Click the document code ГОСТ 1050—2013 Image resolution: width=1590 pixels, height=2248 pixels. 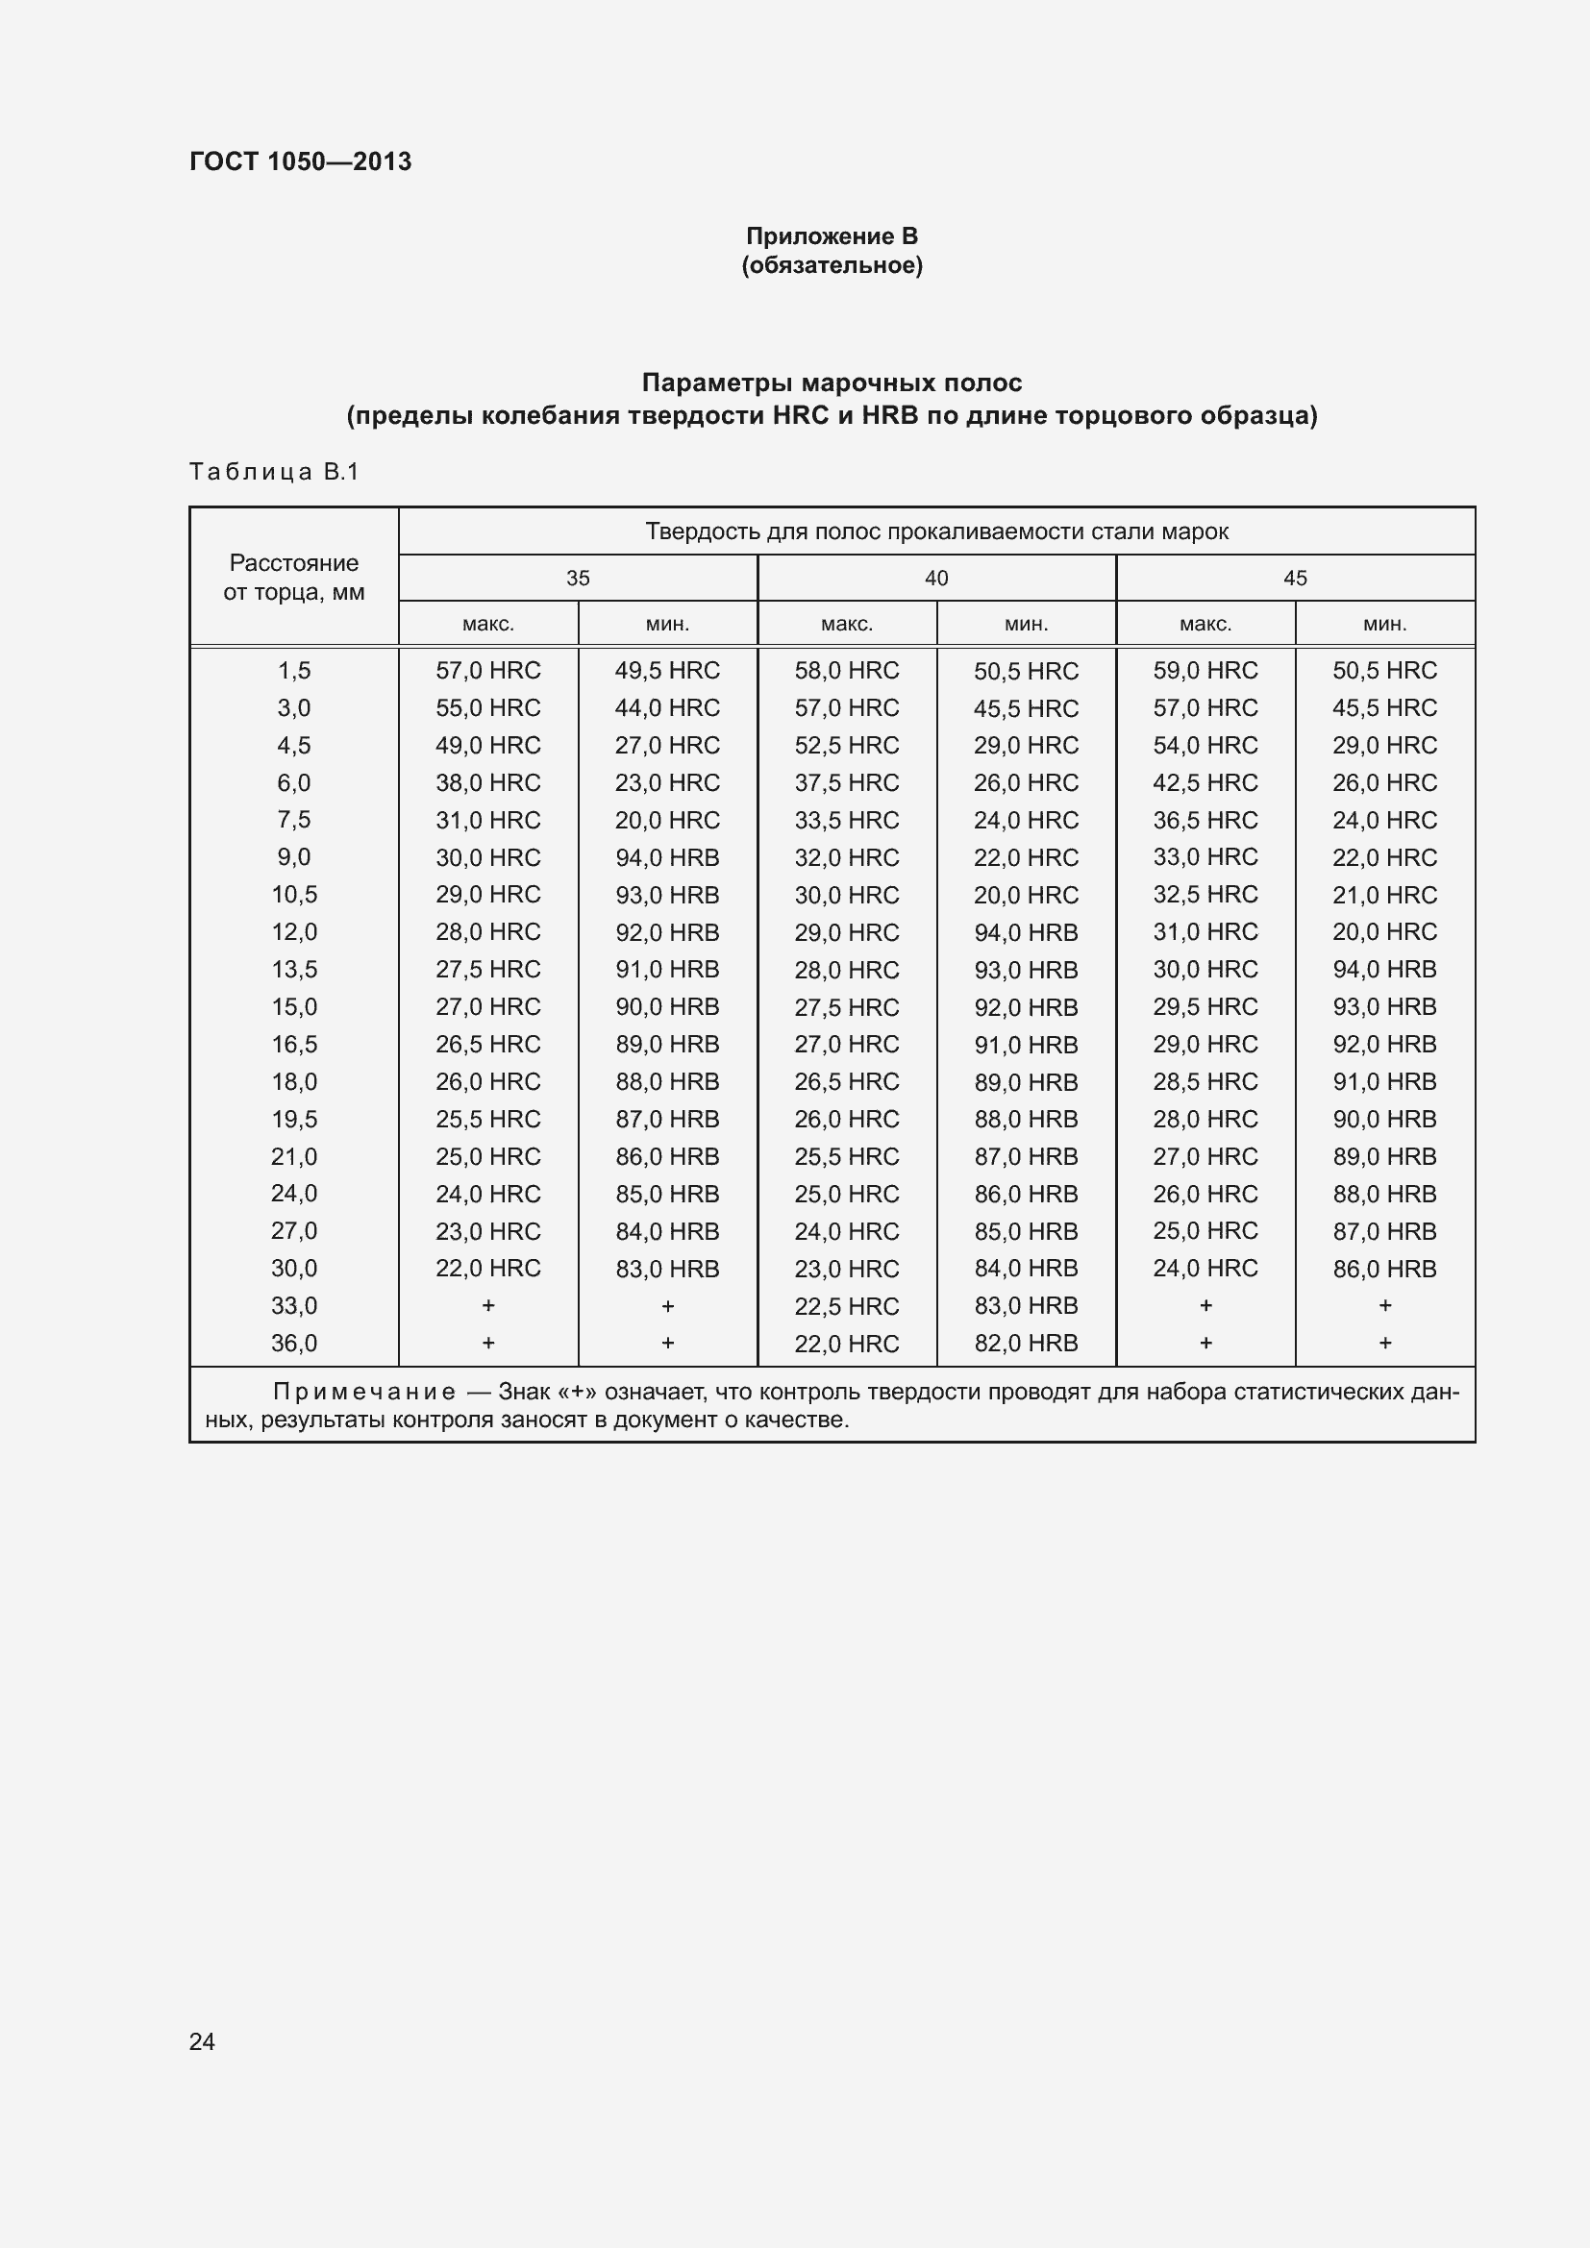coord(300,161)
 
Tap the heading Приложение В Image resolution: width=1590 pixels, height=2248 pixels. coord(832,236)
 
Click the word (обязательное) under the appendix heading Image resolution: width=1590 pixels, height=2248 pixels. coord(832,265)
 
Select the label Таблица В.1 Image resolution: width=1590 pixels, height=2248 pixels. coord(274,472)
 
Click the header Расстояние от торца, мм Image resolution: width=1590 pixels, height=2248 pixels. coord(294,577)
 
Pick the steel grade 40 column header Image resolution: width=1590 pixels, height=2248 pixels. coord(936,578)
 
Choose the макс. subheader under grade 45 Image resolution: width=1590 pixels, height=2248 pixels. coord(1205,624)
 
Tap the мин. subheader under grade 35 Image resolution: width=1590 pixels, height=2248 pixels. coord(668,624)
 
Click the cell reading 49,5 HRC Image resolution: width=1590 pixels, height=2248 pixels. coord(667,671)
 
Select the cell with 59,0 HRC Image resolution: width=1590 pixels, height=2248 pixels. coord(1205,671)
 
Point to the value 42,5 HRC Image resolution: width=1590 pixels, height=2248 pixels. coord(1205,782)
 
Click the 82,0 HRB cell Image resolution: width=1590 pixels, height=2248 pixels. coord(1025,1344)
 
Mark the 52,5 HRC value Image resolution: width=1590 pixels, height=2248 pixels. coord(846,745)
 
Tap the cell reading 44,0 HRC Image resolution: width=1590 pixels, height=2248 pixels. coord(667,708)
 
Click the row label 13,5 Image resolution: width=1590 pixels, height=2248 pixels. coord(294,970)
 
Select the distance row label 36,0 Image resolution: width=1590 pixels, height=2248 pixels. coord(294,1344)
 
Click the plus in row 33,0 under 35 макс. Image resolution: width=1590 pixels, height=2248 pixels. coord(487,1306)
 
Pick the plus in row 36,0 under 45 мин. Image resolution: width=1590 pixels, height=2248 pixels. coord(1384,1344)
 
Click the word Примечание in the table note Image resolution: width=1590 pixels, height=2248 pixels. coord(364,1393)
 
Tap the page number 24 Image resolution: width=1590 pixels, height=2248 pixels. coord(202,2041)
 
